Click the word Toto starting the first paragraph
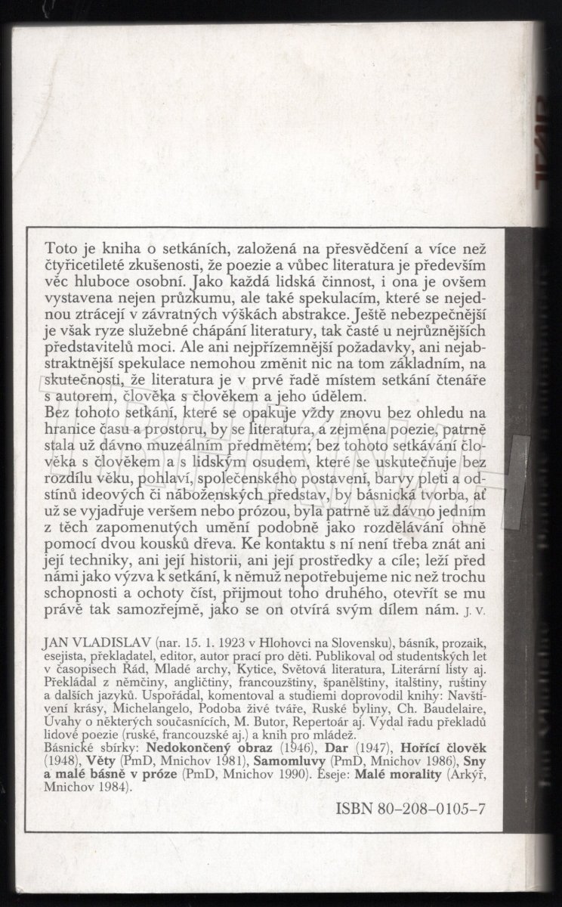pyautogui.click(x=60, y=247)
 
